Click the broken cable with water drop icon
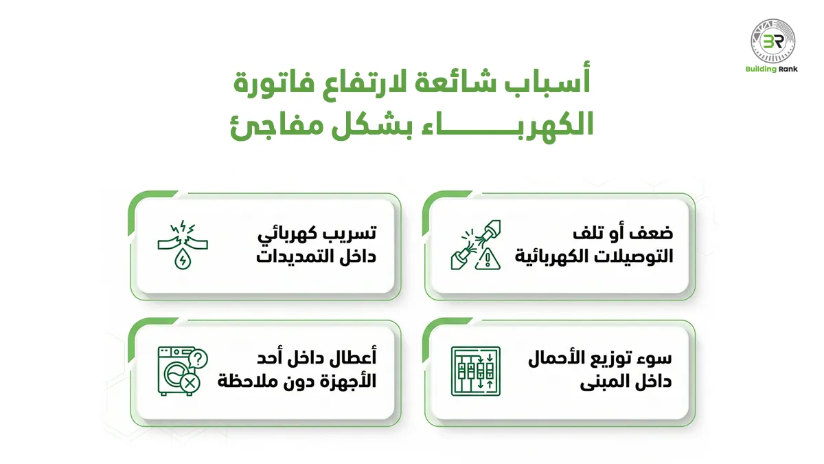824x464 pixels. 184,245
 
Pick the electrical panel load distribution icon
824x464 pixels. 475,371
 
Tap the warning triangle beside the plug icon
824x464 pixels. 488,258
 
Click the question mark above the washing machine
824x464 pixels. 198,358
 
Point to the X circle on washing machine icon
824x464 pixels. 190,383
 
